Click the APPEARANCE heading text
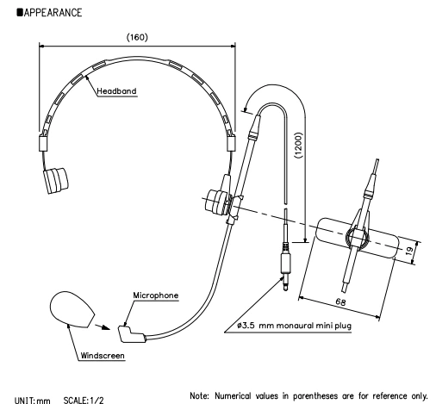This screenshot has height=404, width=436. [53, 13]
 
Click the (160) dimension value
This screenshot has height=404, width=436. [137, 37]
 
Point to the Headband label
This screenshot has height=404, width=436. [116, 91]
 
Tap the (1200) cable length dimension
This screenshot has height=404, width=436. [299, 145]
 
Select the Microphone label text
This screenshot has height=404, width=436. [156, 295]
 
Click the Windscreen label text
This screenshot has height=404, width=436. [103, 356]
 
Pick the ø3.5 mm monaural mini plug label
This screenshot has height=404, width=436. [294, 326]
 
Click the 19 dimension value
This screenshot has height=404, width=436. [410, 251]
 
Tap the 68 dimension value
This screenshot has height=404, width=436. [340, 301]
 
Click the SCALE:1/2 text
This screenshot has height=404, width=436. [84, 400]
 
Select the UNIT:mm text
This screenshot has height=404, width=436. [33, 400]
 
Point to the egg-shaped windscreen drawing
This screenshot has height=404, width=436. [72, 309]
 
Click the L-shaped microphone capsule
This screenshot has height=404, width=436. [131, 335]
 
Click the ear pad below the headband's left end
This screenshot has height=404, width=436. [56, 180]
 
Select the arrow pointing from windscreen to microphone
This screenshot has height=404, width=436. [103, 327]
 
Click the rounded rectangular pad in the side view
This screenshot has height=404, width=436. [358, 238]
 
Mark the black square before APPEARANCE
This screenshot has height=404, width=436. [20, 12]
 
